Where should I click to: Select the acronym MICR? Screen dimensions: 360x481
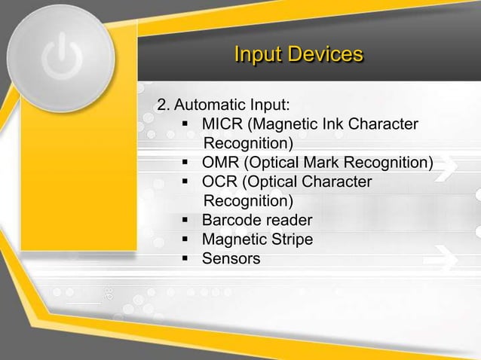222,123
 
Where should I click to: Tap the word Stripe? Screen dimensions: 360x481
290,240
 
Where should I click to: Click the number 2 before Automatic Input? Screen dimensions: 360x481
161,103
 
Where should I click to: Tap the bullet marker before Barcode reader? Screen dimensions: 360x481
185,221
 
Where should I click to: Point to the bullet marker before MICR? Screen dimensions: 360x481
185,123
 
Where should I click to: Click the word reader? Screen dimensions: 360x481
287,221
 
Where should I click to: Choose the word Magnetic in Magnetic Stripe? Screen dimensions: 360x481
233,240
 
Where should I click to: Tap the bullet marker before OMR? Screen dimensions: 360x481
185,162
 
